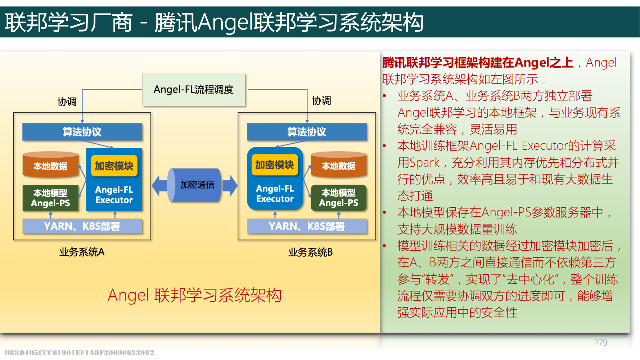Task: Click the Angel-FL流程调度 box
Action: tap(194, 89)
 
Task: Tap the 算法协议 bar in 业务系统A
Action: tap(82, 132)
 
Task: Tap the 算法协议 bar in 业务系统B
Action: tap(307, 132)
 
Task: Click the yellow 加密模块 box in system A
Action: tap(114, 166)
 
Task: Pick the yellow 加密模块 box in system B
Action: tap(275, 165)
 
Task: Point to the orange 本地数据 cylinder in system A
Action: tap(50, 166)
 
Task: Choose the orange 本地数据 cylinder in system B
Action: tap(338, 166)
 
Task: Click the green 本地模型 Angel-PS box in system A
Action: tap(50, 198)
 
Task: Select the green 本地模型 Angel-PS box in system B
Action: tap(338, 198)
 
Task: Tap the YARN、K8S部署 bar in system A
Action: tap(82, 226)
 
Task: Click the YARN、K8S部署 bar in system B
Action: tap(307, 226)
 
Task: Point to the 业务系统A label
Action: tap(82, 252)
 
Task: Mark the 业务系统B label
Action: tap(310, 252)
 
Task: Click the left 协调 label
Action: tap(67, 102)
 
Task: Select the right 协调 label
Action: tap(321, 101)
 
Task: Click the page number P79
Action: tap(600, 343)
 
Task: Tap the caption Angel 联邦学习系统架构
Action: tap(194, 296)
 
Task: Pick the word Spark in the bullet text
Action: tap(419, 163)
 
